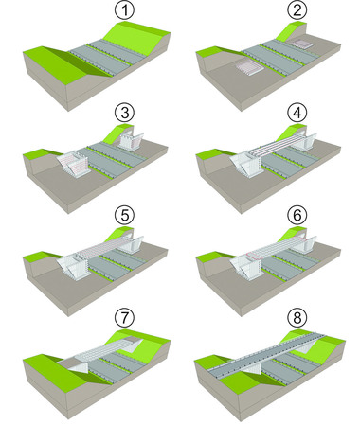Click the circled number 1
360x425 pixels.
[124, 10]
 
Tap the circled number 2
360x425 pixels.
[297, 10]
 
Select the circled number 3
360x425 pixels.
[124, 113]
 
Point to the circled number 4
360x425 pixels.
[297, 113]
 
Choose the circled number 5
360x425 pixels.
[124, 215]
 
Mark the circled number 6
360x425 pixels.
[297, 215]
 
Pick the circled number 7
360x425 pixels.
[124, 318]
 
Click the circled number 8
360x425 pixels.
[297, 318]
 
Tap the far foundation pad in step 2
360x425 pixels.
[301, 44]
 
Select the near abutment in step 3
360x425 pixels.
[73, 162]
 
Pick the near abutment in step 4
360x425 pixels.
[247, 164]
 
